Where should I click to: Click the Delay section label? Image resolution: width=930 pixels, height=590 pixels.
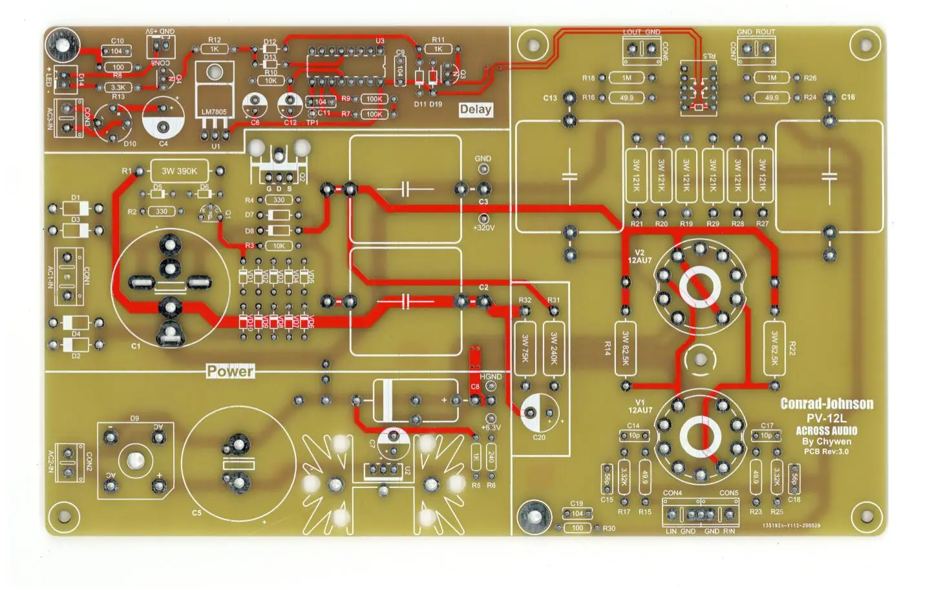tap(476, 109)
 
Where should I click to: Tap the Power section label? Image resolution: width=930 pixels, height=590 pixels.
tap(230, 371)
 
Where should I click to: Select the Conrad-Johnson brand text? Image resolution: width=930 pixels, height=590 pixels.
tap(827, 404)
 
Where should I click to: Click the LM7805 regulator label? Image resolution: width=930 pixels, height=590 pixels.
tap(214, 112)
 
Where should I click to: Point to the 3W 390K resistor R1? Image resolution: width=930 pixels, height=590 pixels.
tap(179, 171)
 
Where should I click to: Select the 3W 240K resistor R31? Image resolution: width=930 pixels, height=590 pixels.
tap(553, 347)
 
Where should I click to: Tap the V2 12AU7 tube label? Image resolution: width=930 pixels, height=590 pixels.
tap(640, 256)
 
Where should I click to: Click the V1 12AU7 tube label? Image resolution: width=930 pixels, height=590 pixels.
tap(640, 406)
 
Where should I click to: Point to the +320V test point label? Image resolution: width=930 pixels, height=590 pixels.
tap(483, 228)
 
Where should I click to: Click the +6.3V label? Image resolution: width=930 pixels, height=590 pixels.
tap(491, 427)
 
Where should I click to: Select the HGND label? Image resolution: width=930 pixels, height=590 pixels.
tap(491, 377)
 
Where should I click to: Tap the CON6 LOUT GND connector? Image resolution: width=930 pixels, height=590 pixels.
tap(641, 50)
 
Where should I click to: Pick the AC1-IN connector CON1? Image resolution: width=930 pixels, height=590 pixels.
tap(67, 276)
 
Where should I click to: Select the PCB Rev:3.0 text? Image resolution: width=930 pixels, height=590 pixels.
tap(827, 451)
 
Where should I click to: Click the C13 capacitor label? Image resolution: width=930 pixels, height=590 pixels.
tap(549, 98)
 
